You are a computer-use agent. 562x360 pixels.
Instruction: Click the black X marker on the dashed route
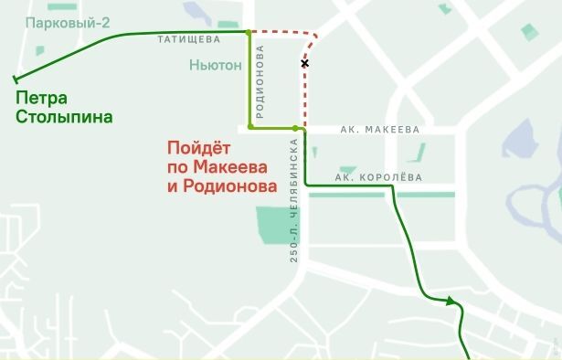[x=304, y=63]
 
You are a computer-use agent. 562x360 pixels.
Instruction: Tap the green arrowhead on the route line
[x=451, y=300]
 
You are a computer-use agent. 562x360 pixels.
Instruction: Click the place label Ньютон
[x=216, y=66]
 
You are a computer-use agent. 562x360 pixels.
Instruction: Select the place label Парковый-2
[x=68, y=22]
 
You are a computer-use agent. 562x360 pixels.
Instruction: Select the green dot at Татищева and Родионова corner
[x=249, y=32]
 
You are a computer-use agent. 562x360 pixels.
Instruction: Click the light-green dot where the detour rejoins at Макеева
[x=294, y=129]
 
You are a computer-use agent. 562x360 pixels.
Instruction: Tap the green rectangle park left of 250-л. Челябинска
[x=270, y=225]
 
